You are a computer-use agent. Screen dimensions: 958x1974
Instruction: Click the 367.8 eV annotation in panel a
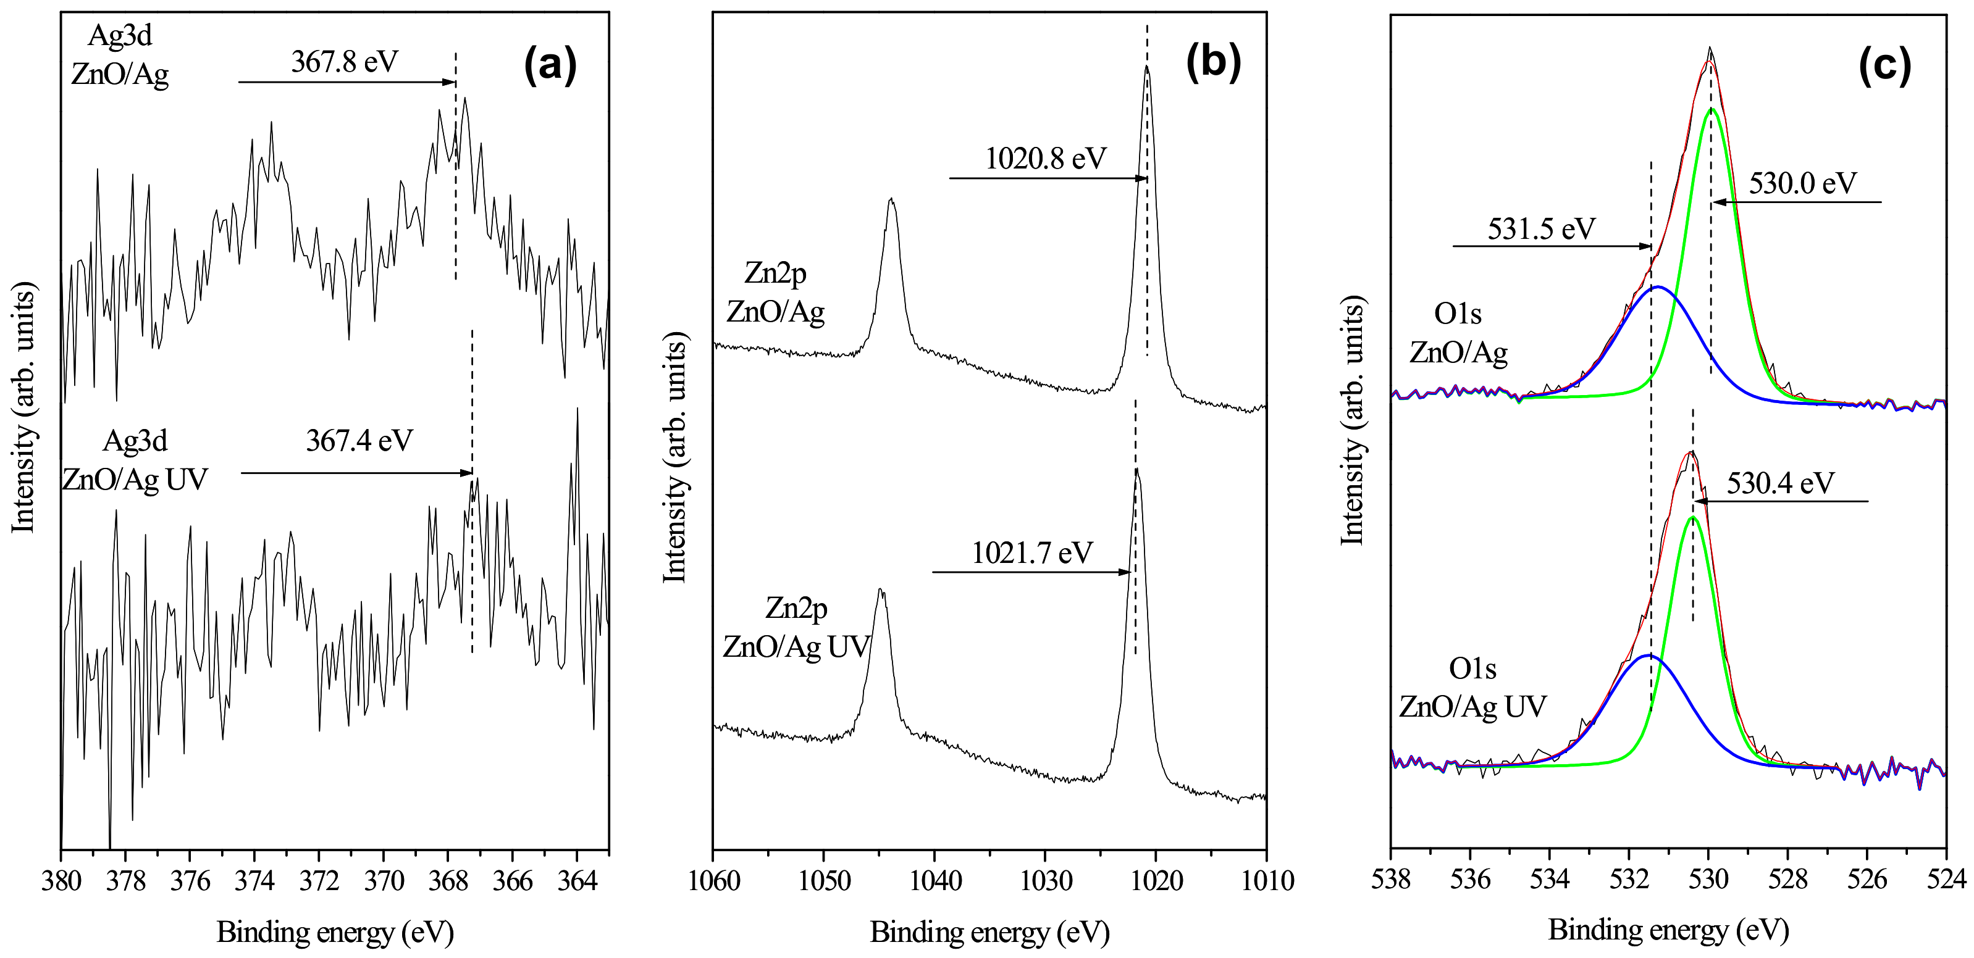pos(344,61)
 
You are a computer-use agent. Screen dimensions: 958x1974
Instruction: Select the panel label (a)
pos(550,64)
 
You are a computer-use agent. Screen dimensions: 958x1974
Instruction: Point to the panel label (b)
pos(1213,61)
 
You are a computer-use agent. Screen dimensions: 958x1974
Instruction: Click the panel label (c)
pos(1884,66)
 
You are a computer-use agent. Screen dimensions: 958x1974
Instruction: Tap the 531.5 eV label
pos(1541,228)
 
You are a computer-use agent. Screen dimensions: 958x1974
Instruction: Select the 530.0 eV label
pos(1803,183)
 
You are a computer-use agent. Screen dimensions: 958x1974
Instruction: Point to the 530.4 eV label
pos(1780,483)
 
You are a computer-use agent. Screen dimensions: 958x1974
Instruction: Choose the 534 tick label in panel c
pos(1550,879)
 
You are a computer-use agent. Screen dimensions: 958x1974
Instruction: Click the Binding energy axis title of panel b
pos(989,932)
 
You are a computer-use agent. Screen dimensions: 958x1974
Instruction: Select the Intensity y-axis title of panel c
pos(1353,420)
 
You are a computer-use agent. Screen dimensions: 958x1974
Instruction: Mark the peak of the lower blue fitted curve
pos(1649,656)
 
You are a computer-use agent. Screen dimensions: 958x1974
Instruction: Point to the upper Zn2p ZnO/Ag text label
pos(776,293)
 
